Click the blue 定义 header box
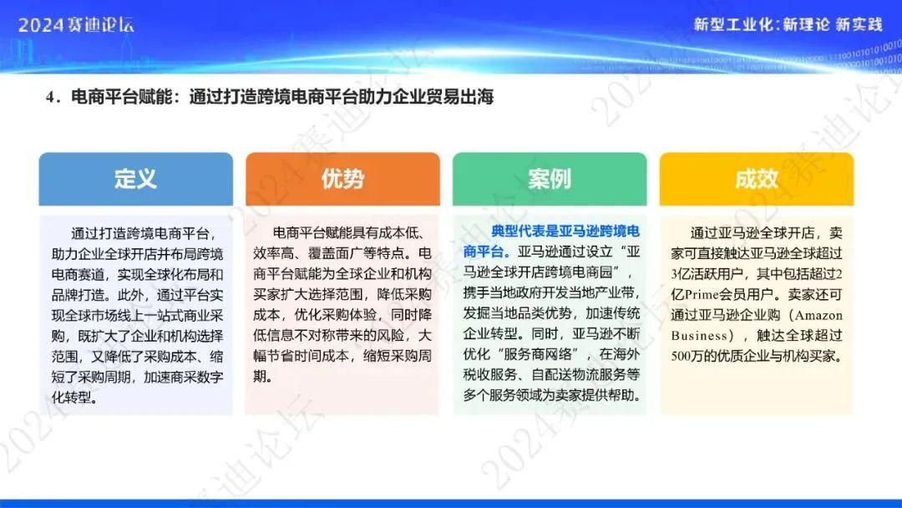coord(136,179)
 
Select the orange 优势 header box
coord(343,179)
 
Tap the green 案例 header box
coord(550,179)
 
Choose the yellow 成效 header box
coord(757,179)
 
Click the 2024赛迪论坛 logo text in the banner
coord(76,25)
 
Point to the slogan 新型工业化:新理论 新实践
coord(788,24)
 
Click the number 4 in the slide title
coord(50,97)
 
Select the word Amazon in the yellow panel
coord(818,315)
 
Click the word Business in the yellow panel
coord(699,335)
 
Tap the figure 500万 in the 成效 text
coord(685,356)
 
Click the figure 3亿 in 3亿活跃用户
coord(677,274)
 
